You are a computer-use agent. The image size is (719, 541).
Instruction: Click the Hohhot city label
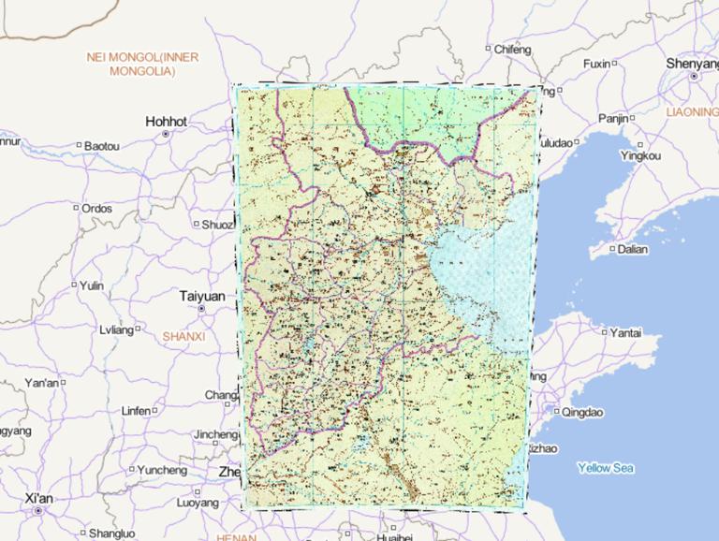point(166,122)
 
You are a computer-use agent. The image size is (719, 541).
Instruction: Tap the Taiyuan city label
point(201,296)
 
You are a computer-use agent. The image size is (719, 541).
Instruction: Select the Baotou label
point(101,146)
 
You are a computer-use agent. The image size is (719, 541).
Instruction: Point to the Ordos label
point(96,208)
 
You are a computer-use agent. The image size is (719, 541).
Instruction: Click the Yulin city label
point(92,285)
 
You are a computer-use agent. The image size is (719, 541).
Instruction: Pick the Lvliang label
point(117,329)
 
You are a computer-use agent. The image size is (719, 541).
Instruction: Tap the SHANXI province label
point(183,335)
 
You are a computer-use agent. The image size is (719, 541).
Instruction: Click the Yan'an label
point(41,383)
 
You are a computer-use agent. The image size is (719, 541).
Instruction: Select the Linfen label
point(136,411)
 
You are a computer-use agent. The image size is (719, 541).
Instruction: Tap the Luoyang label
point(197,503)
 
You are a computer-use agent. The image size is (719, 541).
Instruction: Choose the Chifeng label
point(511,49)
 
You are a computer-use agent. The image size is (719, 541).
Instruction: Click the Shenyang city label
point(693,63)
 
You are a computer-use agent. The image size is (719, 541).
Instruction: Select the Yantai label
point(626,332)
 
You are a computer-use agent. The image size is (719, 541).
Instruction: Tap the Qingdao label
point(583,412)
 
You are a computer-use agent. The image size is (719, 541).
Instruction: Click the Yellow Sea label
point(606,467)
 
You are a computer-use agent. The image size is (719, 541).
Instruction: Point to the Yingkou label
point(640,155)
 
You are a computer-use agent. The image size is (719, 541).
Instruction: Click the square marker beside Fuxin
point(615,64)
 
